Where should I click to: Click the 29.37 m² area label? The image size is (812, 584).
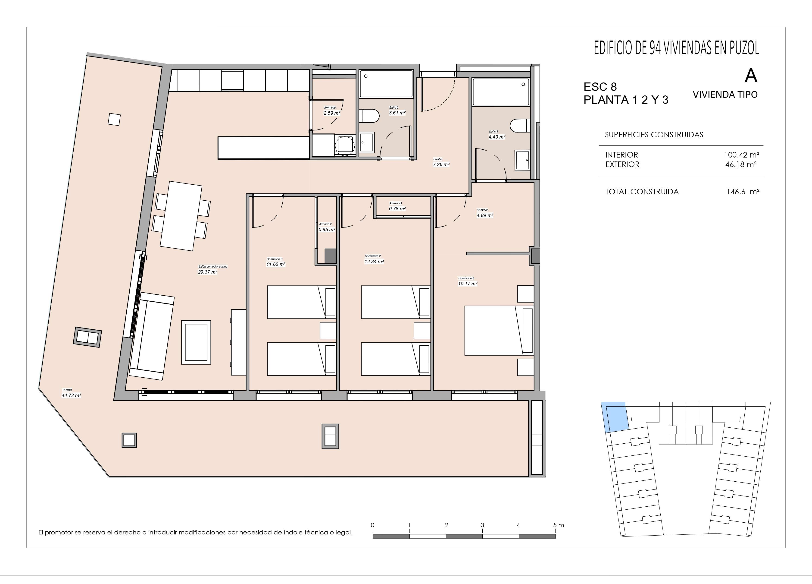click(x=208, y=272)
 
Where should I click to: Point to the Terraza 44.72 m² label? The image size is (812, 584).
click(x=71, y=393)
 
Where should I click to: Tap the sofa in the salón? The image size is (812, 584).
click(x=151, y=336)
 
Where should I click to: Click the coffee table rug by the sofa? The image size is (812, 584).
click(x=196, y=342)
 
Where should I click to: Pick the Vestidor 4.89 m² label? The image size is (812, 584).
click(x=485, y=213)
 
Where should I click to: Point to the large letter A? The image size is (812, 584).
click(x=751, y=76)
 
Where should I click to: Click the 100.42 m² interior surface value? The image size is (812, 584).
click(x=741, y=155)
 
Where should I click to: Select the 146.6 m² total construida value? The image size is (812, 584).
click(x=743, y=192)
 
